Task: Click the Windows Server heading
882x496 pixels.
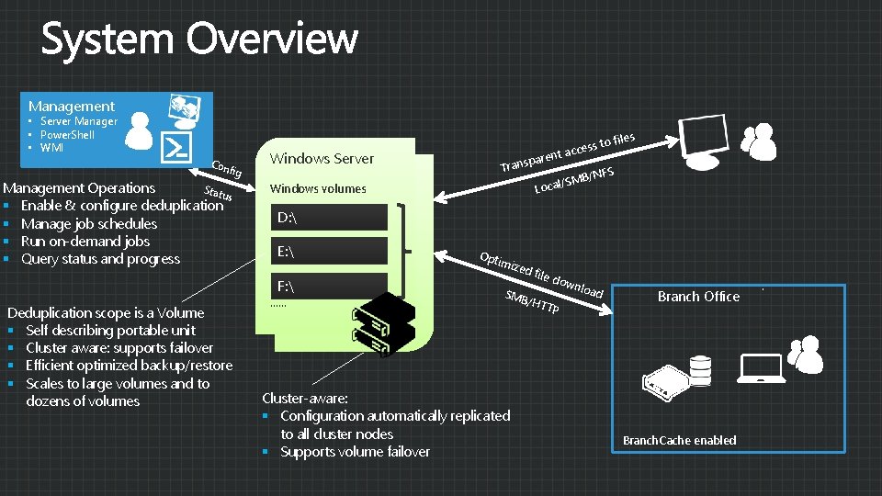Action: point(322,159)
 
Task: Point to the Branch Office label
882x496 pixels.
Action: point(698,297)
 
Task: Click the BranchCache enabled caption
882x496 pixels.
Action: point(679,441)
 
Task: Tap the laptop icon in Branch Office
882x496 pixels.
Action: point(752,369)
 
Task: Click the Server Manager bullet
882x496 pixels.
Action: point(78,121)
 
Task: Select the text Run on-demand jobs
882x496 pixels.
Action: point(85,242)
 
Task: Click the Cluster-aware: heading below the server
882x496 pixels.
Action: point(305,399)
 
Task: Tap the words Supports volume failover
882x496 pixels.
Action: point(355,452)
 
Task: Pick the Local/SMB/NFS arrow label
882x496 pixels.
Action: point(574,181)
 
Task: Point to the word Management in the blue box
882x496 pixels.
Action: point(72,107)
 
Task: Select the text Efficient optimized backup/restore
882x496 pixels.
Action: point(129,366)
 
